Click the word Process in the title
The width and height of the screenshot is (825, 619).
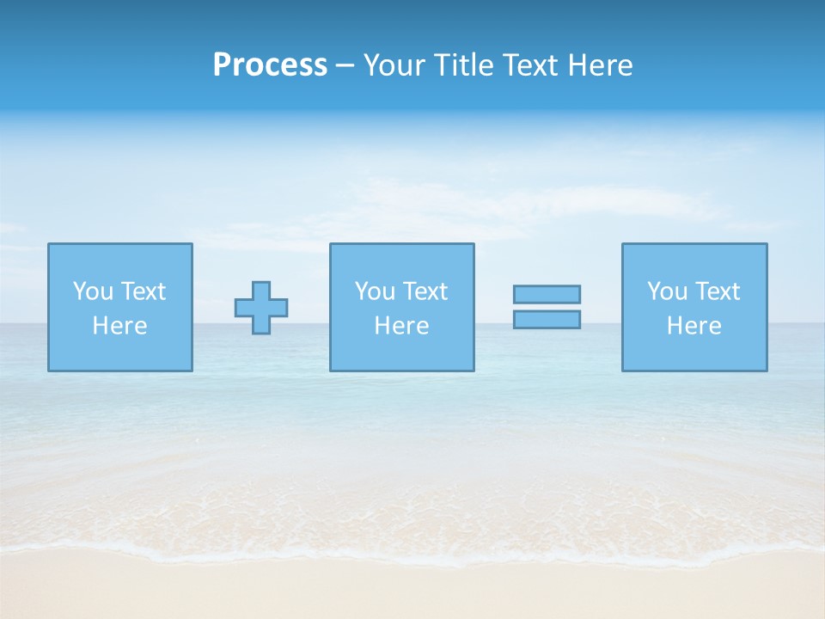[x=270, y=65]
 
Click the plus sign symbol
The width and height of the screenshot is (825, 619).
[x=261, y=308]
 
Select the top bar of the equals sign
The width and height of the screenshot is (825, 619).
[x=547, y=294]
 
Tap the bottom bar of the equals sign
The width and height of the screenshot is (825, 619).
[x=547, y=319]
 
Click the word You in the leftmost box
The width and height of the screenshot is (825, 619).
[x=93, y=291]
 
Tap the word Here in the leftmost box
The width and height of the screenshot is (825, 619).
[x=120, y=326]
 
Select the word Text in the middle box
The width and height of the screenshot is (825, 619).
[x=425, y=291]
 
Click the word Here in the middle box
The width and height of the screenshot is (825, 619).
[x=402, y=326]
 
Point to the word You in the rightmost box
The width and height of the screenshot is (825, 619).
[x=667, y=291]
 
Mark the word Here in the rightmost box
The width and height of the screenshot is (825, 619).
[x=694, y=326]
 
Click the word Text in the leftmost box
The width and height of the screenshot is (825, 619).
[x=144, y=291]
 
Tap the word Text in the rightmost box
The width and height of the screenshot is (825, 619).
[x=718, y=291]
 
